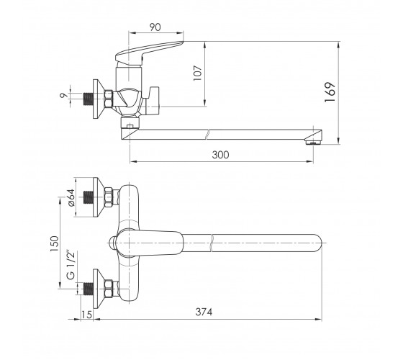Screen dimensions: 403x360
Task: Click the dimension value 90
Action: [155, 27]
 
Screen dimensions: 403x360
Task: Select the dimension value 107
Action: [198, 73]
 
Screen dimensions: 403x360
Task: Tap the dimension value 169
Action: [330, 92]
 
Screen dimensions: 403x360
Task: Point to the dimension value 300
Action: [220, 155]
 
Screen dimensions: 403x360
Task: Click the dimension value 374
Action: [204, 312]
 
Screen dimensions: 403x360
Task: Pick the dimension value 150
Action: [55, 243]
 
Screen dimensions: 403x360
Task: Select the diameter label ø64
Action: [71, 197]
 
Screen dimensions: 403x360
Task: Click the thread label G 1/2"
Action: [71, 265]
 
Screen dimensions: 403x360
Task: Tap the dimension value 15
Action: [86, 315]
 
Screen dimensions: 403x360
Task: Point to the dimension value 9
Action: [63, 95]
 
